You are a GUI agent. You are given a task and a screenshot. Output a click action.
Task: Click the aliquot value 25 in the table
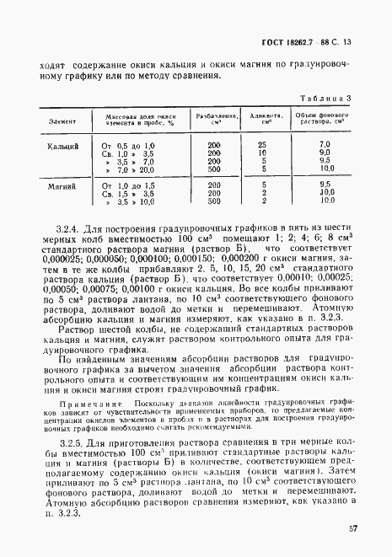tap(263, 145)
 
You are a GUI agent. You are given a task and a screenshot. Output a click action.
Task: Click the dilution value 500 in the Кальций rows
tap(213, 169)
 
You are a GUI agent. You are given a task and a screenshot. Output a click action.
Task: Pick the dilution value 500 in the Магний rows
tap(213, 201)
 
